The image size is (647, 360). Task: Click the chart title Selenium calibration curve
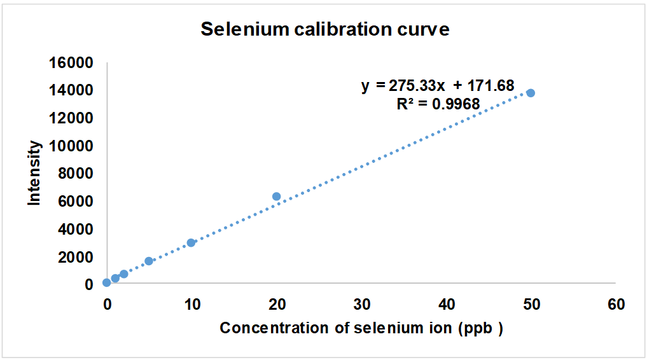[x=325, y=30]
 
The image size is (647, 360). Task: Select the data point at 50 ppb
[x=531, y=93]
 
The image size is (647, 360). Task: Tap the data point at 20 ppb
[x=277, y=197]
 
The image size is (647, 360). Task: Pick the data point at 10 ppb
[x=191, y=242]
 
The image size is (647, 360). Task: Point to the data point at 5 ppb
[x=149, y=261]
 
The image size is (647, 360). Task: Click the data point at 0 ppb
[x=106, y=282]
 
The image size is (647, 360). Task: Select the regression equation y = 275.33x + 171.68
[x=438, y=86]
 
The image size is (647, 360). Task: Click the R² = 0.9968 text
[x=438, y=104]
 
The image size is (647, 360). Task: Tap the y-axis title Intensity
[x=34, y=173]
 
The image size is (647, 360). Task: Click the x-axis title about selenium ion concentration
[x=361, y=328]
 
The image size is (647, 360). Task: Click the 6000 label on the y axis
[x=77, y=201]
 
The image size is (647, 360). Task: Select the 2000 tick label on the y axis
[x=77, y=256]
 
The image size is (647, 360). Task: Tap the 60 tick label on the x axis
[x=616, y=305]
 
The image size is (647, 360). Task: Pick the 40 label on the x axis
[x=446, y=305]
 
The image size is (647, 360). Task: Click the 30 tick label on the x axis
[x=361, y=305]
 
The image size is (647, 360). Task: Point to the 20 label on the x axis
[x=277, y=305]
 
